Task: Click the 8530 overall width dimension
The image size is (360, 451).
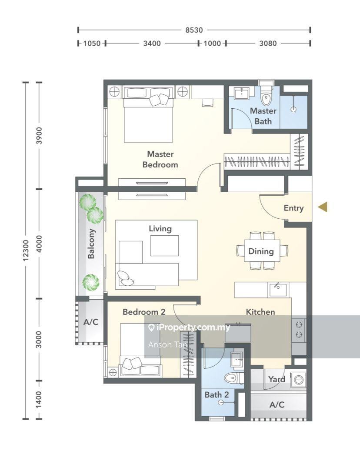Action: pos(194,30)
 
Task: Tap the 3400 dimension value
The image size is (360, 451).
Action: pos(152,43)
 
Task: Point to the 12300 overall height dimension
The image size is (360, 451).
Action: pos(26,250)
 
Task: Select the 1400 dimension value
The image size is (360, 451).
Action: pos(39,399)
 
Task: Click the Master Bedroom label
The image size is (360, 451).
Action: pos(160,159)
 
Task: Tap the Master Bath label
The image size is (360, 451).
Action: pos(263,116)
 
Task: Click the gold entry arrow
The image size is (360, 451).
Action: pos(323,207)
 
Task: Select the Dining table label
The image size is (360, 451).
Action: pos(261,251)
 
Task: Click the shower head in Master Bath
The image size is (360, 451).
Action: pos(293,109)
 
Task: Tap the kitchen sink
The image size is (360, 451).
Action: pos(278,290)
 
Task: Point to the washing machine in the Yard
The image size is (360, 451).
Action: pos(299,380)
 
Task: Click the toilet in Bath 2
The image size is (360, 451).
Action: pos(234,378)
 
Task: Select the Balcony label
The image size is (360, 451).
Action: pos(91,244)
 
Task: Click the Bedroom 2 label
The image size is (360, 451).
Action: pos(144,312)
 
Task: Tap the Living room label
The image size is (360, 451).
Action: pos(160,229)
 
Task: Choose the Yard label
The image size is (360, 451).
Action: pos(277,379)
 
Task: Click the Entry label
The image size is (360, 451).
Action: pos(293,208)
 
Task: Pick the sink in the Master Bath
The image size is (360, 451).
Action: pos(242,93)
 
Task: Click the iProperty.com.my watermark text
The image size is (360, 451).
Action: pos(190,327)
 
